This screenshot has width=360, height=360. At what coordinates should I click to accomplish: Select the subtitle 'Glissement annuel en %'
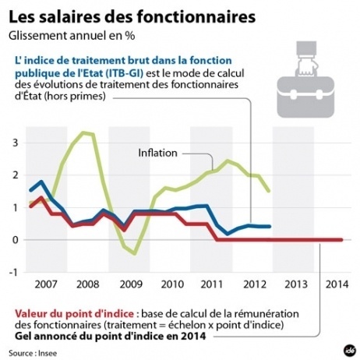[61, 36]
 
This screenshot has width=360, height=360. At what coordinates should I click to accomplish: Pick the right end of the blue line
[270, 227]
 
